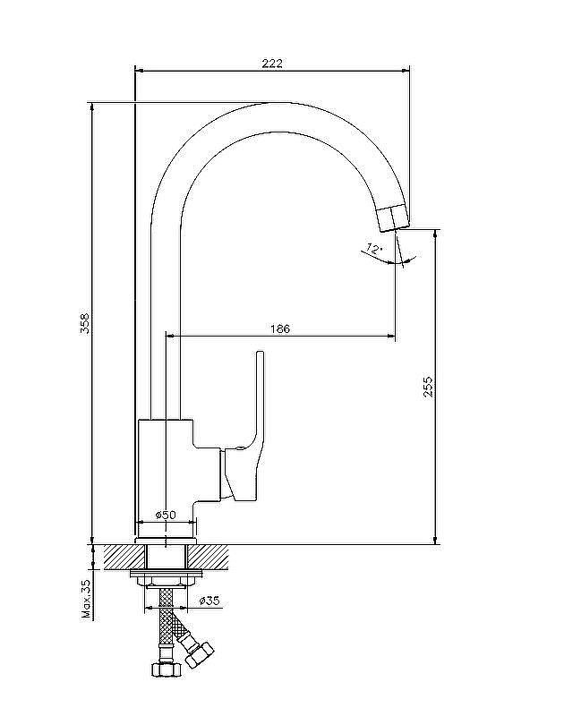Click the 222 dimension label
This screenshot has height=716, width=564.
272,63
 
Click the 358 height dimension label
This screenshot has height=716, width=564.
85,323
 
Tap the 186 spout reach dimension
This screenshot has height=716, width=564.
280,328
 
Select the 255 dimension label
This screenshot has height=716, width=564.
428,387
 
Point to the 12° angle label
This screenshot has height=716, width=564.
373,250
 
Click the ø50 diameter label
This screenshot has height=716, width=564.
166,515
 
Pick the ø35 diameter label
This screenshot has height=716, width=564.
209,601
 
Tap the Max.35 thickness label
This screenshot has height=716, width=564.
86,599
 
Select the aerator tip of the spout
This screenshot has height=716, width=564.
393,218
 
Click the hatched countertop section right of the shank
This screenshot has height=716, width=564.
209,557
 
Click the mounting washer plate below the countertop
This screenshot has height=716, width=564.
166,573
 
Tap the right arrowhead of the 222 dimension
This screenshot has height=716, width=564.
405,71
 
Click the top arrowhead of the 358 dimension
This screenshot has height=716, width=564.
93,107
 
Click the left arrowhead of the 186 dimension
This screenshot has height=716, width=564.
170,337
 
